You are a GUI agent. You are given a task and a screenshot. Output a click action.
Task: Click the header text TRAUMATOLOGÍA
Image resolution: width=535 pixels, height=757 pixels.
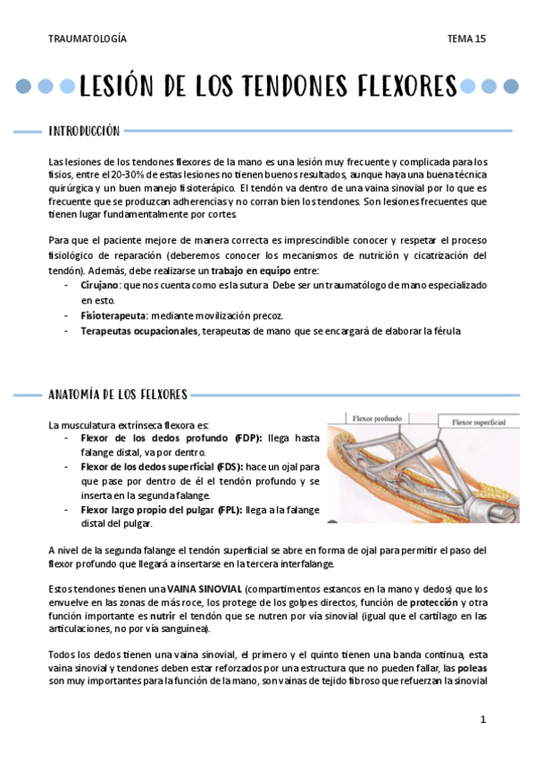pyautogui.click(x=87, y=38)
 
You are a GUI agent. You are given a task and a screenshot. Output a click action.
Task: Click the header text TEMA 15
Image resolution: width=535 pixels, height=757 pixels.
pyautogui.click(x=466, y=38)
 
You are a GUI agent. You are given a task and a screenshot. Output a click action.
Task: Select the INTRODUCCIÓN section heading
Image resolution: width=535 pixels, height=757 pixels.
pyautogui.click(x=83, y=132)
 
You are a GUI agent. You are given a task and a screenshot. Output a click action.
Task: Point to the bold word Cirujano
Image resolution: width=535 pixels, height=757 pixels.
pyautogui.click(x=100, y=285)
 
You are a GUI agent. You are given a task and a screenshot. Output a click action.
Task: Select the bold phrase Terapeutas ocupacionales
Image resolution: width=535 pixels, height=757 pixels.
pyautogui.click(x=139, y=330)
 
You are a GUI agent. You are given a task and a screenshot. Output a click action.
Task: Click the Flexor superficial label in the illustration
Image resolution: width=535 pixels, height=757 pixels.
pyautogui.click(x=479, y=422)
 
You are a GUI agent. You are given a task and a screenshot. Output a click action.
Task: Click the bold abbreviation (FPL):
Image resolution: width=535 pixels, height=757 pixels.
pyautogui.click(x=229, y=510)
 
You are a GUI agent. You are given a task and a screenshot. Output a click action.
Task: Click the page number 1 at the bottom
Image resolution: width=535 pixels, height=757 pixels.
pyautogui.click(x=482, y=719)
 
